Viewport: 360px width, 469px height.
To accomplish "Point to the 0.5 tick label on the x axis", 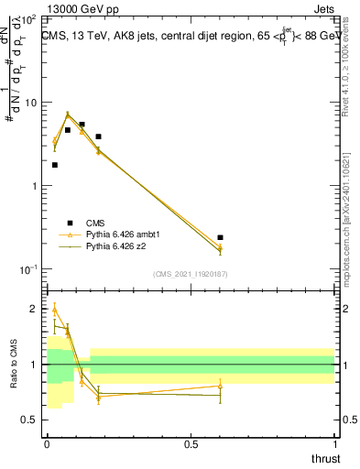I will tap(191, 444).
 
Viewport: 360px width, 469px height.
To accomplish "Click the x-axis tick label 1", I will tap(335, 444).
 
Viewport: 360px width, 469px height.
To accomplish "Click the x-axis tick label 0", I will tap(47, 444).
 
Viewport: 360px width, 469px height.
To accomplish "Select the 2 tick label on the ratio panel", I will tap(38, 309).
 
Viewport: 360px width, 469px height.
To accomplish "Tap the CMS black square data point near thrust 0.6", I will tap(220, 237).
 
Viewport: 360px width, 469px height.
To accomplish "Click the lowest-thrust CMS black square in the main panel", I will tap(55, 165).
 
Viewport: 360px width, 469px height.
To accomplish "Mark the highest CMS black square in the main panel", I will tap(82, 124).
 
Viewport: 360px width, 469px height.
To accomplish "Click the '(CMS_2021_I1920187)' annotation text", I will tap(191, 273).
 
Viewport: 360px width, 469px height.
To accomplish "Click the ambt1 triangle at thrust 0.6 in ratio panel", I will tap(220, 386).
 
